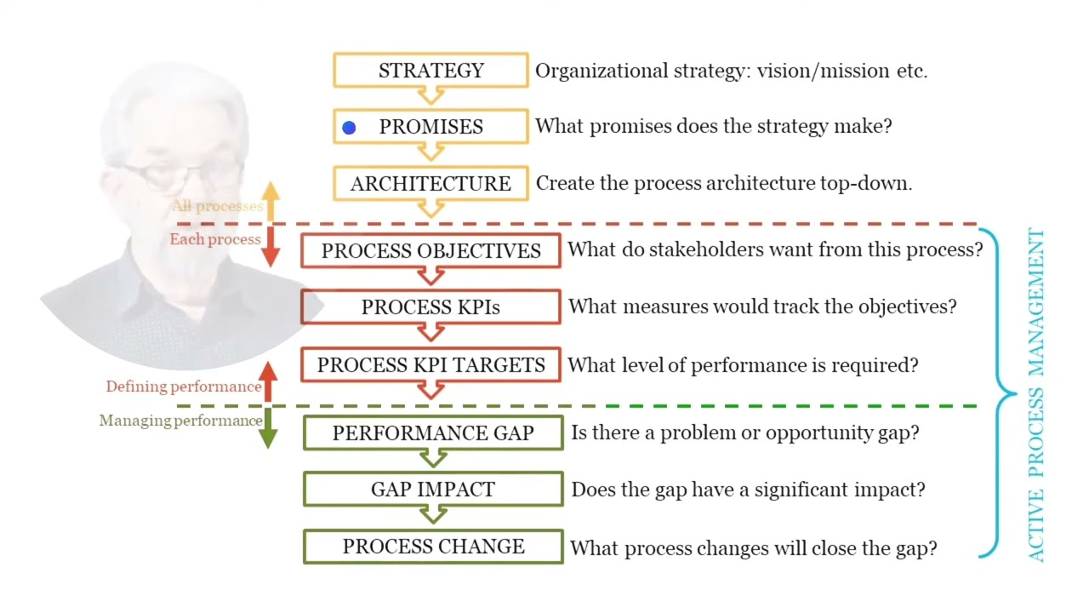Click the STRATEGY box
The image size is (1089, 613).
pyautogui.click(x=430, y=71)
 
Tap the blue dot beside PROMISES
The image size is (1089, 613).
pyautogui.click(x=349, y=128)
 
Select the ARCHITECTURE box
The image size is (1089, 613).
pyautogui.click(x=430, y=184)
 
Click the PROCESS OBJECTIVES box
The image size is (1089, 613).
pyautogui.click(x=430, y=251)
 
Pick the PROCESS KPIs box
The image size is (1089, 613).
pyautogui.click(x=430, y=307)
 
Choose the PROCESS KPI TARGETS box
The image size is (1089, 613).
pyautogui.click(x=430, y=365)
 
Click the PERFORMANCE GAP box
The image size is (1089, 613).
pyautogui.click(x=433, y=433)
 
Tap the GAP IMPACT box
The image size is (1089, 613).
pyautogui.click(x=433, y=490)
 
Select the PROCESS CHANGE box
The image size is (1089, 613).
pyautogui.click(x=433, y=547)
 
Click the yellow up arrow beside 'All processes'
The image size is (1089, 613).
pyautogui.click(x=270, y=202)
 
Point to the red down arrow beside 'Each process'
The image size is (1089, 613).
pyautogui.click(x=270, y=245)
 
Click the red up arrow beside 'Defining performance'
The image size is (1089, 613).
pyautogui.click(x=268, y=381)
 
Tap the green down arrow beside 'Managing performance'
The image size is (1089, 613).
pyautogui.click(x=268, y=427)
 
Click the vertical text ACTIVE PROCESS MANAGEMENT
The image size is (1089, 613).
pyautogui.click(x=1035, y=396)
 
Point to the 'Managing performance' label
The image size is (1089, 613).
pyautogui.click(x=180, y=421)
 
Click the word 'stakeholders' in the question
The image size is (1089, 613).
pyautogui.click(x=681, y=250)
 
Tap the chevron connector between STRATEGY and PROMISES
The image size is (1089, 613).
pyautogui.click(x=430, y=96)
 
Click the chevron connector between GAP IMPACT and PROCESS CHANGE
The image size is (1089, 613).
pyautogui.click(x=433, y=515)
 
